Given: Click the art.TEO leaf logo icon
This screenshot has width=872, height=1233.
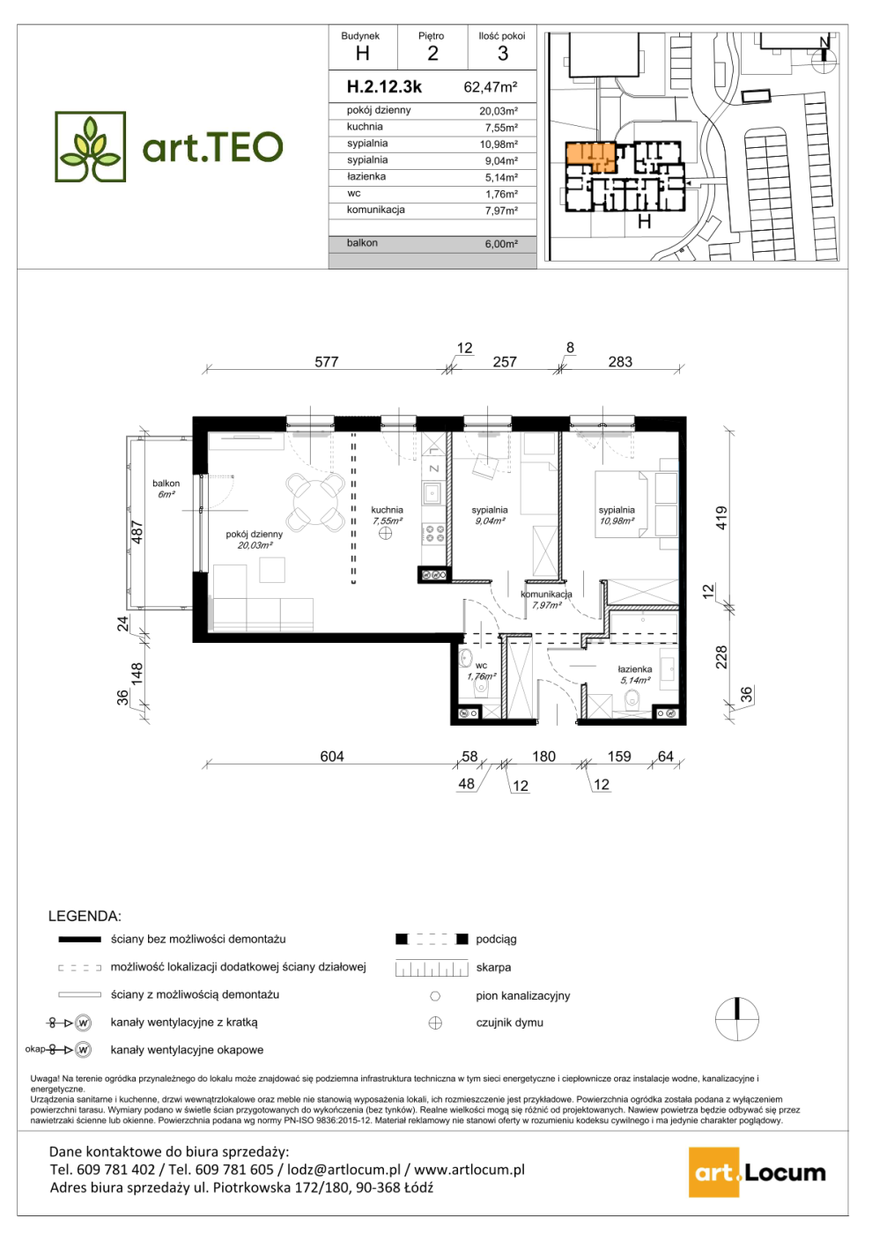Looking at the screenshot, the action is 90,146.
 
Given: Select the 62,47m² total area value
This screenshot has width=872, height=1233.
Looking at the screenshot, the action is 491,87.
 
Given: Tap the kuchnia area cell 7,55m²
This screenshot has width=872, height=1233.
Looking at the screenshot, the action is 501,128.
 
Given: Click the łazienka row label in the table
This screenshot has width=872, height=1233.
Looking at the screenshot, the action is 366,177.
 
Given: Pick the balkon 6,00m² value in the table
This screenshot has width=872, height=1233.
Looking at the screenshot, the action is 501,244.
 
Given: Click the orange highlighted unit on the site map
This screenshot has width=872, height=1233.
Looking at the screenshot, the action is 590,157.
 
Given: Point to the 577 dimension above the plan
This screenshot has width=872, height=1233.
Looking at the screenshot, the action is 327,362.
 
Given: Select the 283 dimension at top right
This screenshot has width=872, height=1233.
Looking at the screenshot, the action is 620,362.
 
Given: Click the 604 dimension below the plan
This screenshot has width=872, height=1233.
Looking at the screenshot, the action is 332,757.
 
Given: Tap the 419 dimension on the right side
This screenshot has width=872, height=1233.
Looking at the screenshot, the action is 721,518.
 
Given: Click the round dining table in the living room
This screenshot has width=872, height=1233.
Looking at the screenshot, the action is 316,503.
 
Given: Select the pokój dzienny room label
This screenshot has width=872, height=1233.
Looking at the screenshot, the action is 255,534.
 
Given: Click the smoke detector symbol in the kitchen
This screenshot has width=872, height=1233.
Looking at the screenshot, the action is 386,534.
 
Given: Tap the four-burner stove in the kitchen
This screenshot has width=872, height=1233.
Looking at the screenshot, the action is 433,534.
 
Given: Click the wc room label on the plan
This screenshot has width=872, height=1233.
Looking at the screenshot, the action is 481,666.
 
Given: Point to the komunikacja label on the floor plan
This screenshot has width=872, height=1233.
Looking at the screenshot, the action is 547,594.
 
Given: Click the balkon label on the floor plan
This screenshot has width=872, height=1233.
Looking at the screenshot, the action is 166,484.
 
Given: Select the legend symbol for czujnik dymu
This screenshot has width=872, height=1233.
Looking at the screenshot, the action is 435,1023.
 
